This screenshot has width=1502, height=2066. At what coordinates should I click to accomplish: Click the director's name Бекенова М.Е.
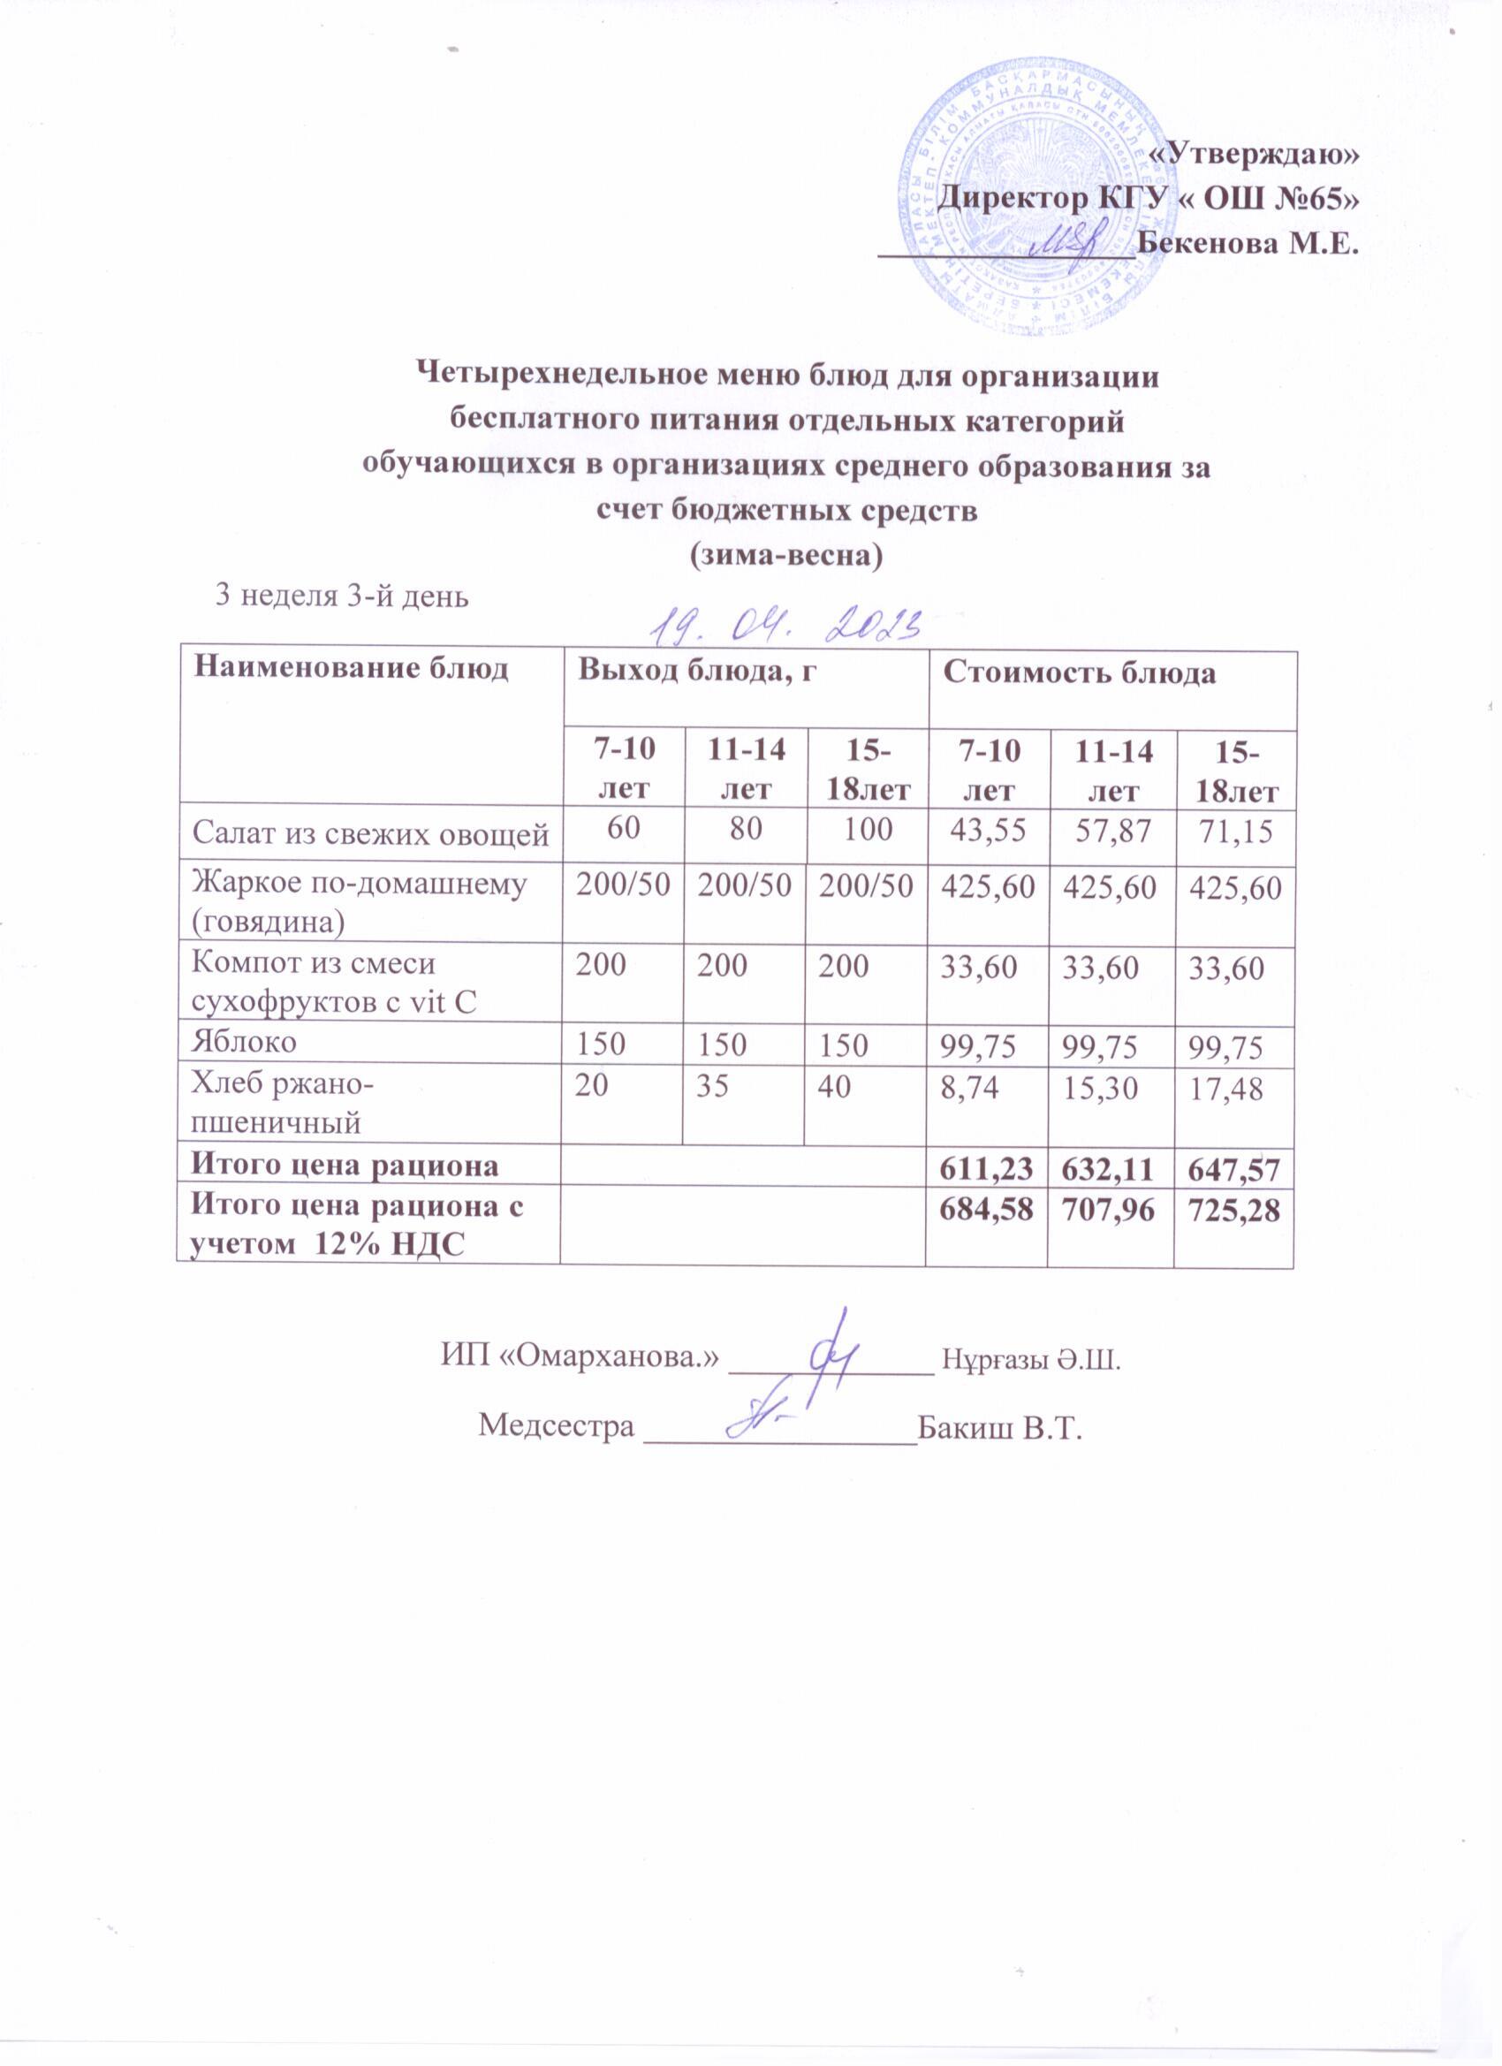pos(1248,244)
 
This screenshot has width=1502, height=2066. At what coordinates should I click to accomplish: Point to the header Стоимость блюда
pos(1079,673)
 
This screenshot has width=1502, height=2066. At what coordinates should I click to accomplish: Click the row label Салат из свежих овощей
pos(370,832)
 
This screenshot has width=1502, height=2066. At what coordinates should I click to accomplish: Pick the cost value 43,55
pos(989,829)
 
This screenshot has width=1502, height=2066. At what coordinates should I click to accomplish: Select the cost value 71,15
pos(1235,831)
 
